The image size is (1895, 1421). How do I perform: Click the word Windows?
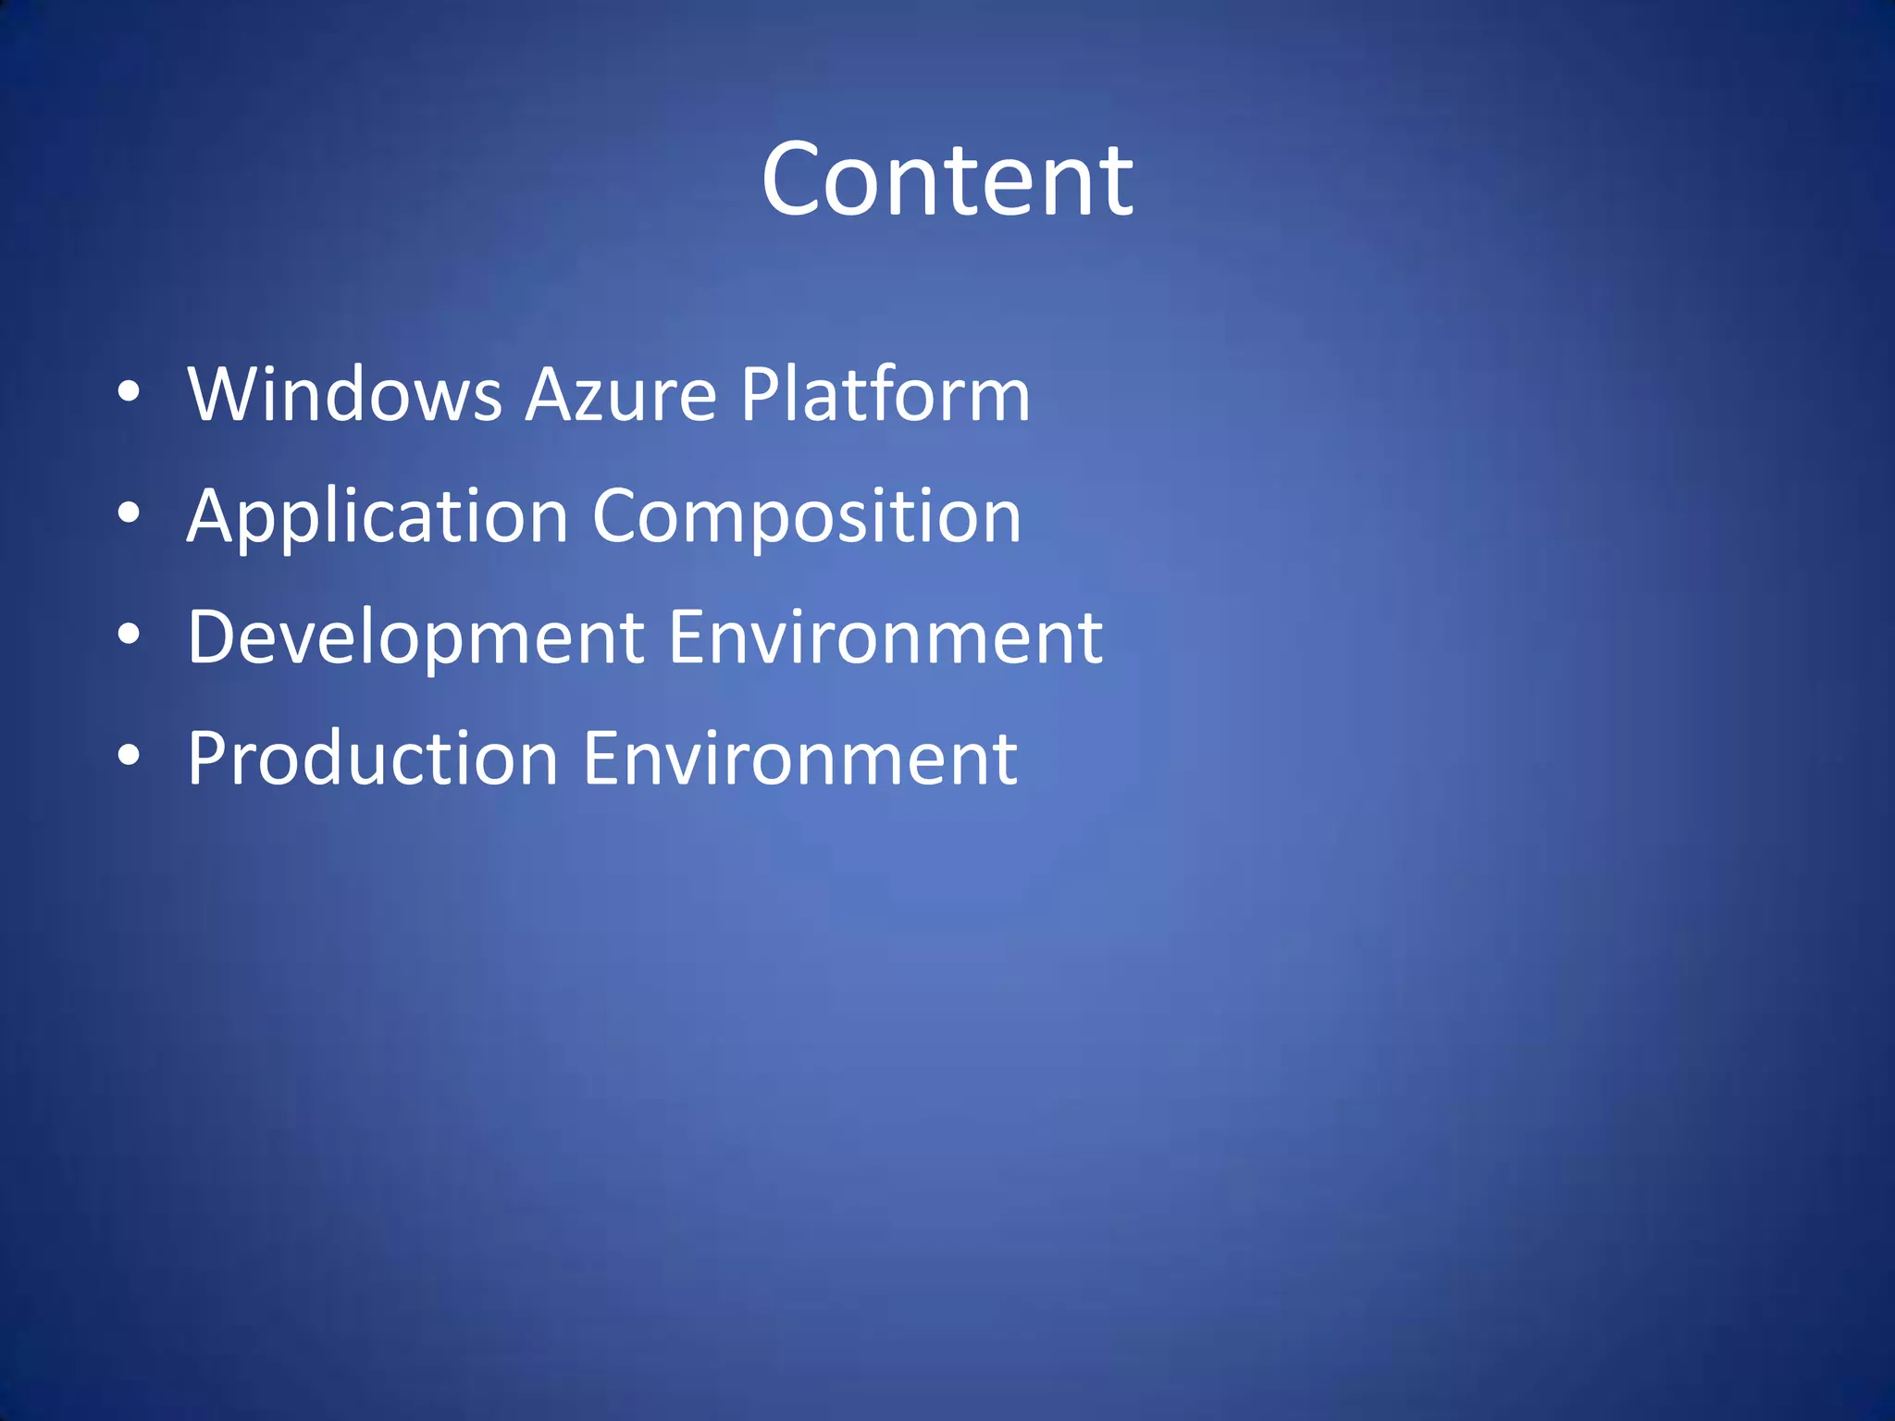[x=344, y=394]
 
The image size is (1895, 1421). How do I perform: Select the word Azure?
[x=621, y=394]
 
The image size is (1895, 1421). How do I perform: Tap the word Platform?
[x=885, y=394]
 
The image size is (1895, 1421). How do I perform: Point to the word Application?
[x=378, y=516]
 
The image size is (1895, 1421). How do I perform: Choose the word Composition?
[x=806, y=516]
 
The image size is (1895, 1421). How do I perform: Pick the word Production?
[x=373, y=759]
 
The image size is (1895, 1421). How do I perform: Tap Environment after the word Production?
[x=800, y=759]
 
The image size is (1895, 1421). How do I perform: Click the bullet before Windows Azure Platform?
[x=130, y=392]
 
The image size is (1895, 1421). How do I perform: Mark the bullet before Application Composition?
[x=130, y=513]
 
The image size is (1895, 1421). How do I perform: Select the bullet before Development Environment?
[x=130, y=635]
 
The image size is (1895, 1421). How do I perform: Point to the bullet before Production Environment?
[x=130, y=756]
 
